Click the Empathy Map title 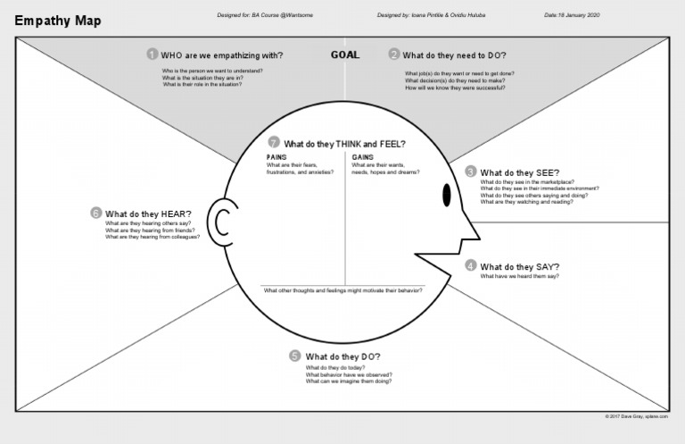(x=58, y=20)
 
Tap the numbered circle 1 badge (x=153, y=54)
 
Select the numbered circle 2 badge (x=394, y=54)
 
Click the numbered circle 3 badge (x=471, y=172)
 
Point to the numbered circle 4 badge (x=471, y=266)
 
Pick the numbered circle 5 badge (x=295, y=356)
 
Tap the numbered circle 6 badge (x=95, y=214)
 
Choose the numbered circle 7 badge (x=275, y=143)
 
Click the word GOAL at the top (x=345, y=54)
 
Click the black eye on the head (x=446, y=194)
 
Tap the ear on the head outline (x=219, y=219)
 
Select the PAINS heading (x=276, y=157)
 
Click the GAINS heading (x=361, y=157)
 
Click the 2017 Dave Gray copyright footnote (x=637, y=417)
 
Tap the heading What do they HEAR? (x=148, y=214)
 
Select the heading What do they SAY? (x=520, y=266)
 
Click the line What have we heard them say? (x=520, y=277)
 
